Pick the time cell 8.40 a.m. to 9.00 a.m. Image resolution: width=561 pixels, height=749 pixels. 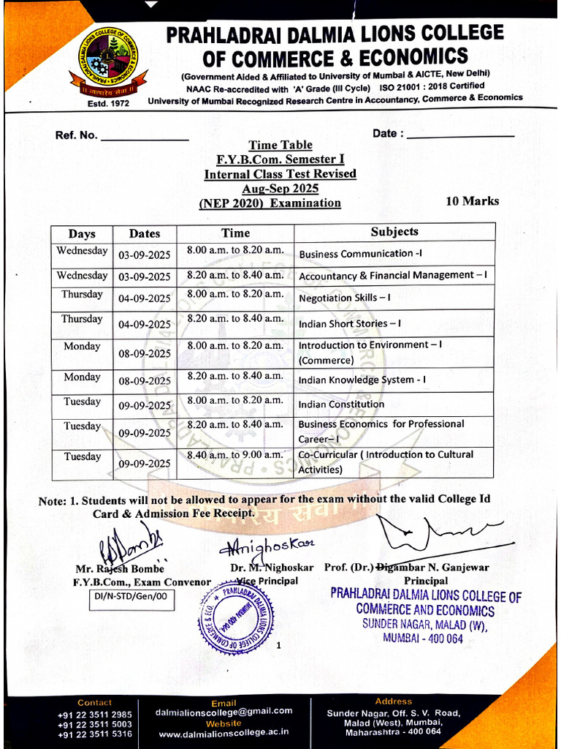coord(234,455)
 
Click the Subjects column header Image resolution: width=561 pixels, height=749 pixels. coord(394,232)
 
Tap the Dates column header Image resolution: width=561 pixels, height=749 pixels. coord(144,233)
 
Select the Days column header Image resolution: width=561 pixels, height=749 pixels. coord(82,233)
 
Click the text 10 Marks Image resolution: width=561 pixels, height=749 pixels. coord(472,201)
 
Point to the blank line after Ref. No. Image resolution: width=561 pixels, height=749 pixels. coord(144,138)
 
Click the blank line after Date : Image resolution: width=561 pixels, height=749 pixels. coord(460,136)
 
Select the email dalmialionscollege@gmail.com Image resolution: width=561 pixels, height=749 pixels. coord(224,711)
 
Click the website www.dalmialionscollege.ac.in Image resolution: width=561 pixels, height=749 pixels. coord(224,732)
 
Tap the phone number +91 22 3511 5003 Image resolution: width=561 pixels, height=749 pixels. coord(95,724)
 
